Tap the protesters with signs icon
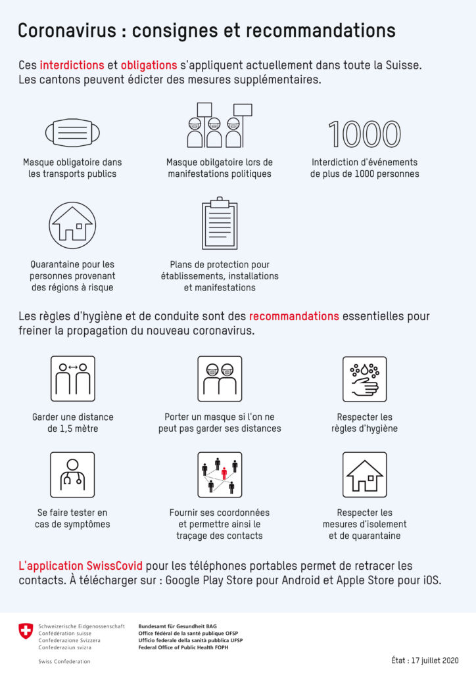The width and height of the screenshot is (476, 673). (220, 125)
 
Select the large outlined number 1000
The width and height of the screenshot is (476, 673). (364, 134)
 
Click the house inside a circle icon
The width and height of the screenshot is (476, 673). (72, 225)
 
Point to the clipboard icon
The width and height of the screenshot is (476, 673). (220, 224)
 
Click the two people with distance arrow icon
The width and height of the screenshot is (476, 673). (72, 379)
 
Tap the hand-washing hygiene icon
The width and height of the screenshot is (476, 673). (364, 379)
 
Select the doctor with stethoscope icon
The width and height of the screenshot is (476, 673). (72, 475)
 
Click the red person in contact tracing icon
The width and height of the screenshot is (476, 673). (224, 472)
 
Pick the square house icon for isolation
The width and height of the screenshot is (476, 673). (364, 475)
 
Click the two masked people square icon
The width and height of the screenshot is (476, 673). (220, 379)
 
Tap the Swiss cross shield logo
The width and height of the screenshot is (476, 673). (26, 632)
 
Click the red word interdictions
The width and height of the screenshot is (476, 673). (72, 65)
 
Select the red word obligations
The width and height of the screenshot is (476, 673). (149, 65)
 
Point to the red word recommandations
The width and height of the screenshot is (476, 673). (294, 316)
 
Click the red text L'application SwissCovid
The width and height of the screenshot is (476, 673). (80, 566)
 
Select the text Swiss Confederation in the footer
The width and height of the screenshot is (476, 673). (64, 661)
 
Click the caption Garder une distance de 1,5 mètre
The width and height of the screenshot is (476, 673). (72, 423)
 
